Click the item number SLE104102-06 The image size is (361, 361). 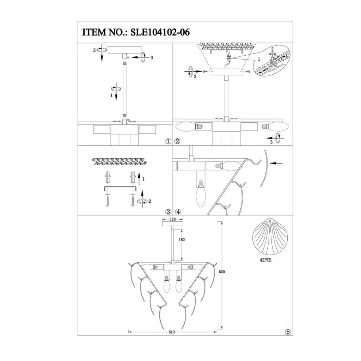coord(160,32)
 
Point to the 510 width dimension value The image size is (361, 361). coord(172,332)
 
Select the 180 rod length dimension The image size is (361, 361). coord(182,239)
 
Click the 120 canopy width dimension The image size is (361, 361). coord(173,219)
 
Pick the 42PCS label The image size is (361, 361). coord(266,258)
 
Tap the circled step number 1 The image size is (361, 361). coord(168,142)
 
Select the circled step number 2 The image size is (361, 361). coord(177,142)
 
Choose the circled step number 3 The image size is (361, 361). coord(169,212)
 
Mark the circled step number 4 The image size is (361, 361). coord(178,212)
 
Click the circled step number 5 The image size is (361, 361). coord(288,332)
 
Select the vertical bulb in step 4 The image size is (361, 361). coord(201,194)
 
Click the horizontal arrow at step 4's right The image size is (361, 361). coord(278,163)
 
